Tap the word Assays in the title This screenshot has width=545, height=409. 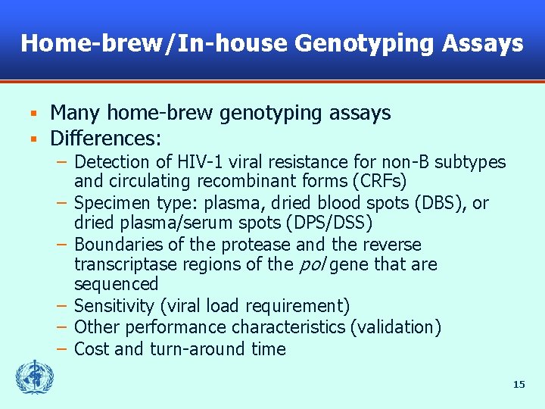pyautogui.click(x=484, y=43)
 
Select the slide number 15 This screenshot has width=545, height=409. pyautogui.click(x=519, y=385)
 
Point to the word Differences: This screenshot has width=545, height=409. pyautogui.click(x=105, y=139)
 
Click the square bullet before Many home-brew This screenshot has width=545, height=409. pyautogui.click(x=33, y=114)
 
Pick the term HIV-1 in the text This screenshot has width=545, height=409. pyautogui.click(x=200, y=162)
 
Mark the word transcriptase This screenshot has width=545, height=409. pyautogui.click(x=121, y=265)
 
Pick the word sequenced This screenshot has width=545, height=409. pyautogui.click(x=116, y=285)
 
